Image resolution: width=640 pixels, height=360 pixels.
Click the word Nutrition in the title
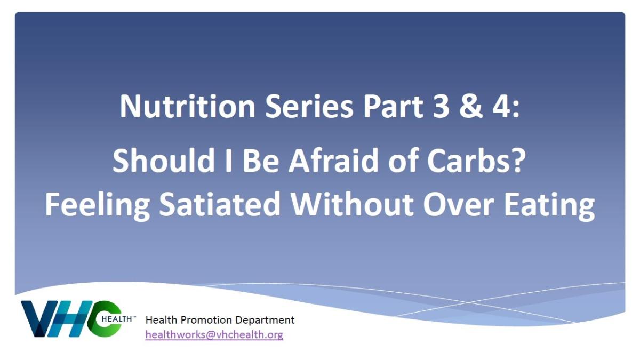187,106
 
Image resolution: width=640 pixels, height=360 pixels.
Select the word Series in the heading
309,106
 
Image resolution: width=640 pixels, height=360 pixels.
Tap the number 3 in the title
441,106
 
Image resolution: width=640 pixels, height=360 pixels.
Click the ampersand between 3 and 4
471,106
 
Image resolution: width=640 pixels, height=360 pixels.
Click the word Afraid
333,160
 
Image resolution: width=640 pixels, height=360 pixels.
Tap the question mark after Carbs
517,160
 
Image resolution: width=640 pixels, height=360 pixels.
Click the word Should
164,160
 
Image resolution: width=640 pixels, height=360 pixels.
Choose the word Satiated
220,204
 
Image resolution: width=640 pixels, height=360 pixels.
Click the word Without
351,204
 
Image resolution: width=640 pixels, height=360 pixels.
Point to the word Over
459,204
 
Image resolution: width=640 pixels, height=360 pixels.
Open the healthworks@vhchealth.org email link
214,334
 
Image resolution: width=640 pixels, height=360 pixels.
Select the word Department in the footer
265,321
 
